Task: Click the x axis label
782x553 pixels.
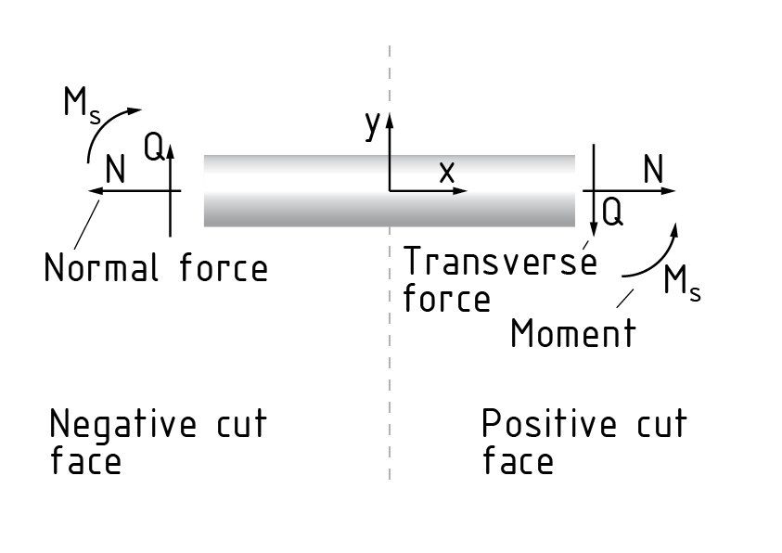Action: coord(447,171)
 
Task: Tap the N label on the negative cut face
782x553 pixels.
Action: coord(116,170)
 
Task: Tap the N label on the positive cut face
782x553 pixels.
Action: coord(654,169)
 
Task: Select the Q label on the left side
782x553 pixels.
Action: coord(155,147)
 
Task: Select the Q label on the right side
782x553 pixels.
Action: coord(612,212)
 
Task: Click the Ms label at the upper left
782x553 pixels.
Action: coord(81,104)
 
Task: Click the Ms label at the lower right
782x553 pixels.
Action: coord(682,282)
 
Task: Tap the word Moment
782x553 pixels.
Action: coord(573,332)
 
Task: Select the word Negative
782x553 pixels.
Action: coord(122,426)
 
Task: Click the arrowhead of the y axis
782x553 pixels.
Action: coord(390,118)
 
